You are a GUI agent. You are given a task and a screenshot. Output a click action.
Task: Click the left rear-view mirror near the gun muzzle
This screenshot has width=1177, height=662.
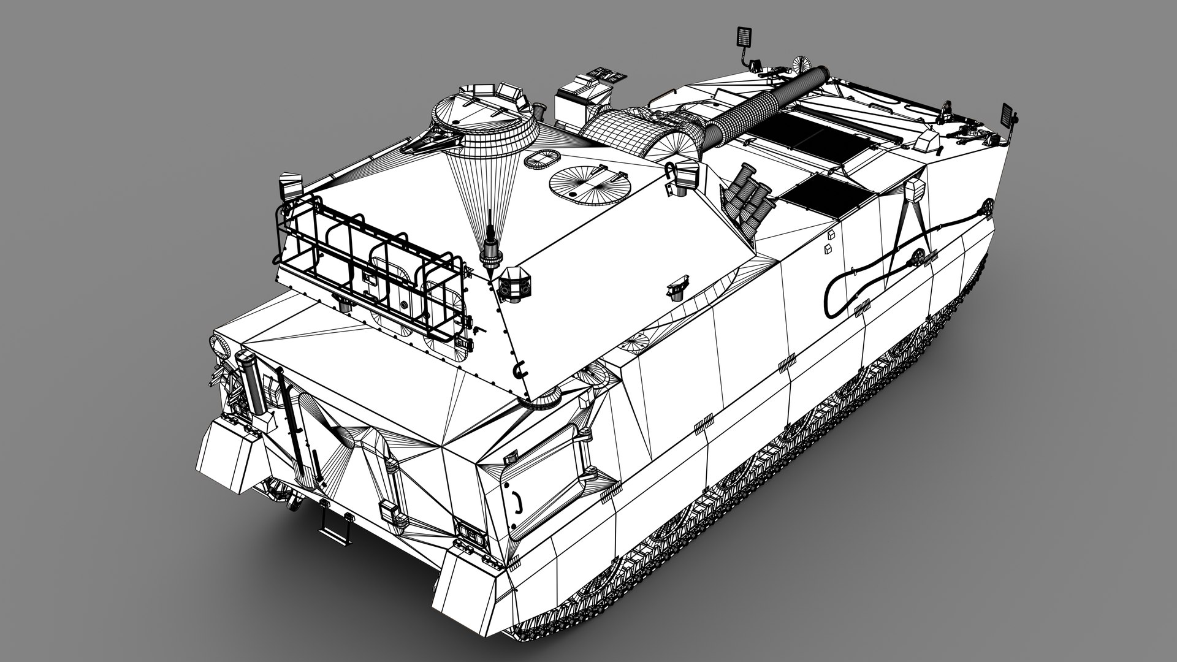pos(743,37)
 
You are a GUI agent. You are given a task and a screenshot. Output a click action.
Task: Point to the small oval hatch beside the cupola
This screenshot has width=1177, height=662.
pos(542,158)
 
